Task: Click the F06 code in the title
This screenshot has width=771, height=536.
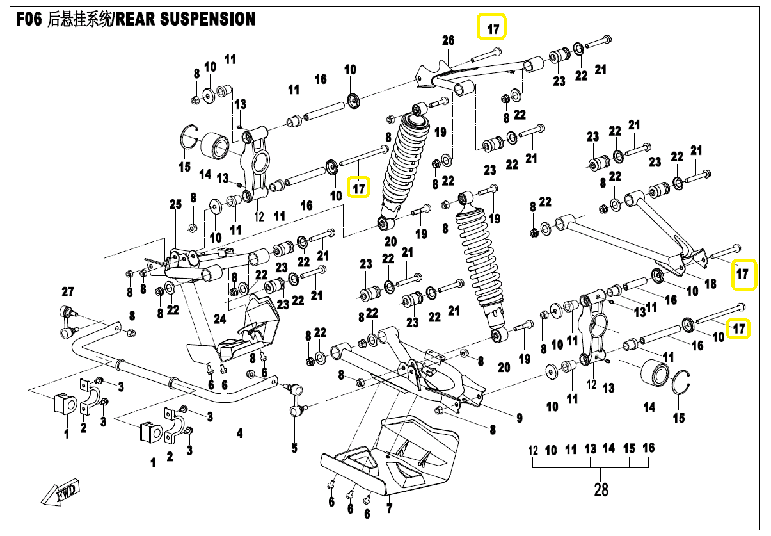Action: [28, 19]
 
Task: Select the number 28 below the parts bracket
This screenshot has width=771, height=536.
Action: [601, 490]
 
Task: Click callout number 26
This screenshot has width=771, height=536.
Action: [448, 40]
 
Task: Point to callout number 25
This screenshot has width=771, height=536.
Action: [175, 205]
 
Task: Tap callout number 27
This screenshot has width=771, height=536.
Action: [68, 292]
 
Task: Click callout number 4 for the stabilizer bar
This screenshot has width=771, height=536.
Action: [239, 434]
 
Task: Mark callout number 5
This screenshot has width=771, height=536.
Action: [294, 448]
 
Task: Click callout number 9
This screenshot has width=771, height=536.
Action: [520, 419]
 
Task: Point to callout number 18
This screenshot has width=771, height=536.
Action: [710, 284]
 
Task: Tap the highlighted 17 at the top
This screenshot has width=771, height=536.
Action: [493, 28]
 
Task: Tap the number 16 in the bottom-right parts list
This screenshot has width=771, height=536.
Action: [649, 448]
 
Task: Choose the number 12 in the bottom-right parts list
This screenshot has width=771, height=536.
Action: [534, 450]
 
